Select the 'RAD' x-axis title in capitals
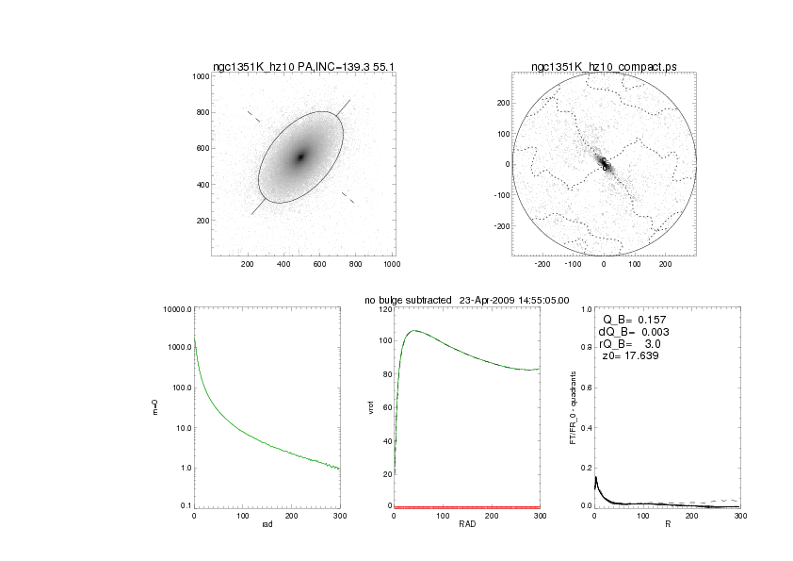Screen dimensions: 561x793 pyautogui.click(x=467, y=523)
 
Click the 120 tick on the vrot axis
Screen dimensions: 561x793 pyautogui.click(x=384, y=309)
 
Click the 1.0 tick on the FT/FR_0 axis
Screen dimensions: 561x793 pyautogui.click(x=586, y=309)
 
